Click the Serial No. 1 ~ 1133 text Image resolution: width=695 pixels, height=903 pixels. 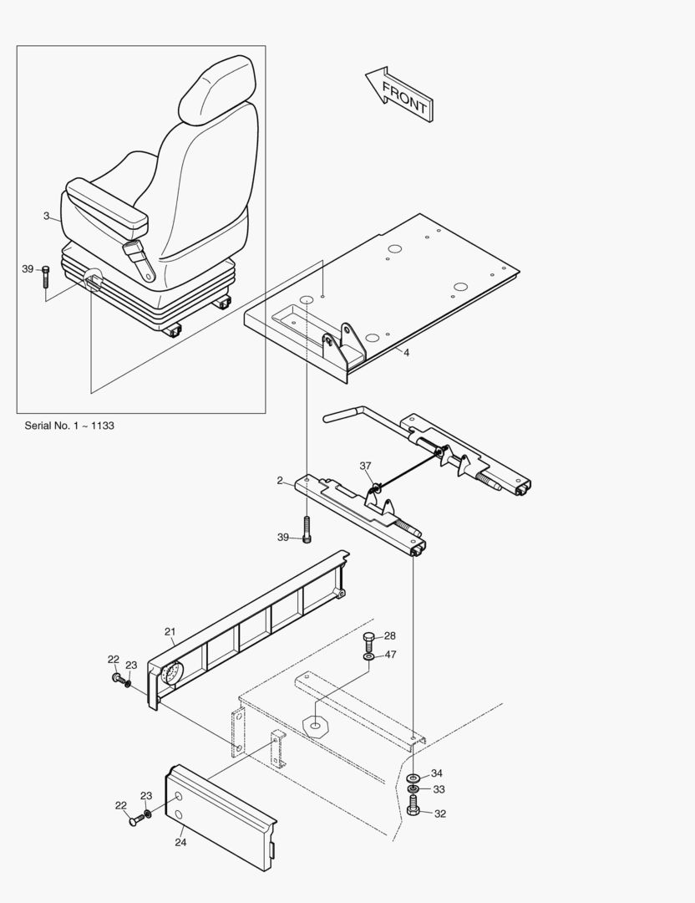[x=69, y=426]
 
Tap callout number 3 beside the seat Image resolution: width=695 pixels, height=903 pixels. [x=46, y=216]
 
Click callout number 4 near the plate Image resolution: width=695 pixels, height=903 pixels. [x=406, y=353]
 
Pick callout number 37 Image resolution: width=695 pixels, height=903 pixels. [x=365, y=466]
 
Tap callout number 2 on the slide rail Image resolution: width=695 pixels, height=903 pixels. [x=281, y=481]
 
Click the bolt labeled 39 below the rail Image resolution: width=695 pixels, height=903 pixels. [x=307, y=530]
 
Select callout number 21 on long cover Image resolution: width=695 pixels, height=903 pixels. [x=170, y=631]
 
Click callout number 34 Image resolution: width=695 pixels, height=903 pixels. [x=436, y=773]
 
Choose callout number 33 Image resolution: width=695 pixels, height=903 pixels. [x=438, y=788]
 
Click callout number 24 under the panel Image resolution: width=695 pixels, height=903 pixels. [x=180, y=842]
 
